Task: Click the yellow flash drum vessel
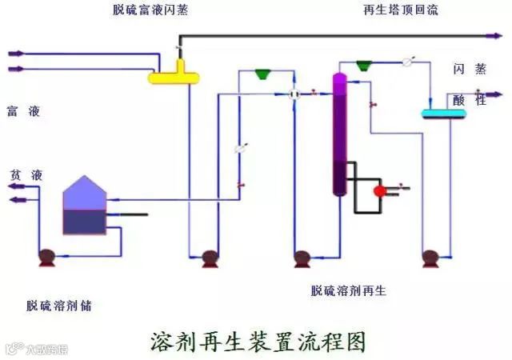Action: click(174, 76)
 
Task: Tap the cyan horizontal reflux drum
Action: click(444, 114)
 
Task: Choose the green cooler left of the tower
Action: click(262, 74)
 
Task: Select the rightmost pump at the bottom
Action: click(430, 258)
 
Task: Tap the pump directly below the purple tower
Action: click(302, 258)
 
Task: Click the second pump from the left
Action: click(210, 258)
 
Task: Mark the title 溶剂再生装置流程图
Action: click(258, 341)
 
